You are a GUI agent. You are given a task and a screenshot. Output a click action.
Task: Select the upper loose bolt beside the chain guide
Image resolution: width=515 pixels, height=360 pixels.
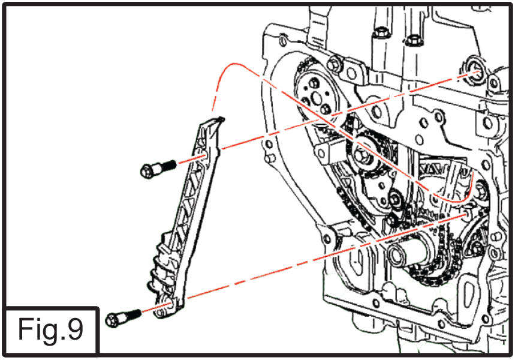(158, 168)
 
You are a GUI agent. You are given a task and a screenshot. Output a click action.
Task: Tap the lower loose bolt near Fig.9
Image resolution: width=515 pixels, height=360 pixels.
(123, 318)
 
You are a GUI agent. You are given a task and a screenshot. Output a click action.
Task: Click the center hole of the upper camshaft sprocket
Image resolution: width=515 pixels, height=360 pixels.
(317, 97)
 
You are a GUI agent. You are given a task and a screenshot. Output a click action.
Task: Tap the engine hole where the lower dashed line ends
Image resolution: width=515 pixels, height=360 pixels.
(465, 215)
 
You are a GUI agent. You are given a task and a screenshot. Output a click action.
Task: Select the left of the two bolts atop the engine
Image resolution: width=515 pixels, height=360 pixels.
(380, 32)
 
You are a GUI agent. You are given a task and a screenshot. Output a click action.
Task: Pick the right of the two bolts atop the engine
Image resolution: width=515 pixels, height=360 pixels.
(413, 40)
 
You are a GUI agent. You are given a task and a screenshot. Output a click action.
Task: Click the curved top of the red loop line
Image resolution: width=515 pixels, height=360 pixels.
(234, 64)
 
